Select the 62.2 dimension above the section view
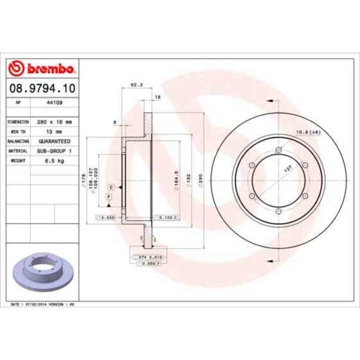(133, 85)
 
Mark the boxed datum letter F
(109, 197)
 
